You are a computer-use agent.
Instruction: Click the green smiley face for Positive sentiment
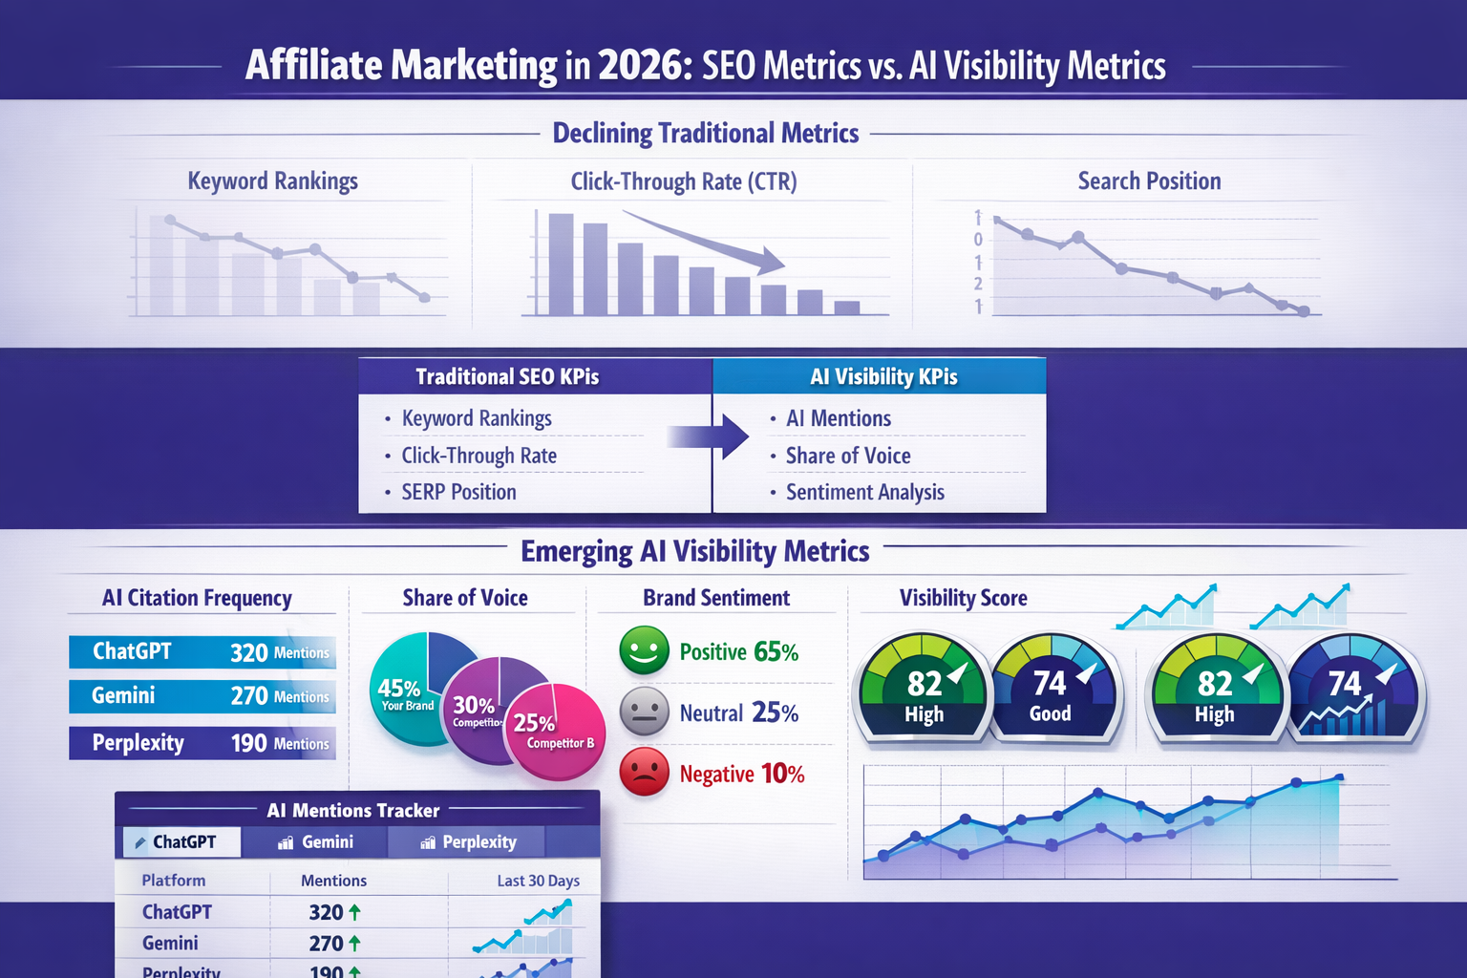point(644,650)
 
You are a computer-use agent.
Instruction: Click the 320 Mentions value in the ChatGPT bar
point(279,652)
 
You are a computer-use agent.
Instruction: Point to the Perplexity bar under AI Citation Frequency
point(202,743)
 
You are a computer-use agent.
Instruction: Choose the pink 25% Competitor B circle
point(555,731)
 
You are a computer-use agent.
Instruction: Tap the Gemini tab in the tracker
point(316,841)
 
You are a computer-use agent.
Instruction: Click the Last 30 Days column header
point(538,881)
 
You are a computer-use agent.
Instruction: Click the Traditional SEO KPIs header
point(507,376)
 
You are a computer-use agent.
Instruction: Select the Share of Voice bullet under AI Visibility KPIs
point(848,456)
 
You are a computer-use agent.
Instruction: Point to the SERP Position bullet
point(458,492)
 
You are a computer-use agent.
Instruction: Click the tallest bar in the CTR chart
point(561,265)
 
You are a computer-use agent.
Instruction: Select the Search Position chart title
point(1149,181)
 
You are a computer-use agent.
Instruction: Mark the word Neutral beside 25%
point(711,713)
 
